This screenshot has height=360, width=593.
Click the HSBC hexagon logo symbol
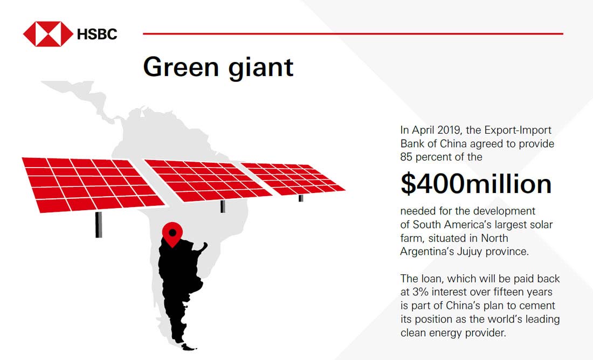48,34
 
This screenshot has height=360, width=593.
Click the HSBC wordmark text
97,34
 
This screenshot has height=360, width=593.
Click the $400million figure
475,184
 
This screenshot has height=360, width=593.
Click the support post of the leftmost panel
98,224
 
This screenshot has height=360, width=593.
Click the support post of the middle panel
222,206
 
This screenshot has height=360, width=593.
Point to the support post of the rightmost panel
301,198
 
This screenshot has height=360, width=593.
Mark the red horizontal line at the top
353,33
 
